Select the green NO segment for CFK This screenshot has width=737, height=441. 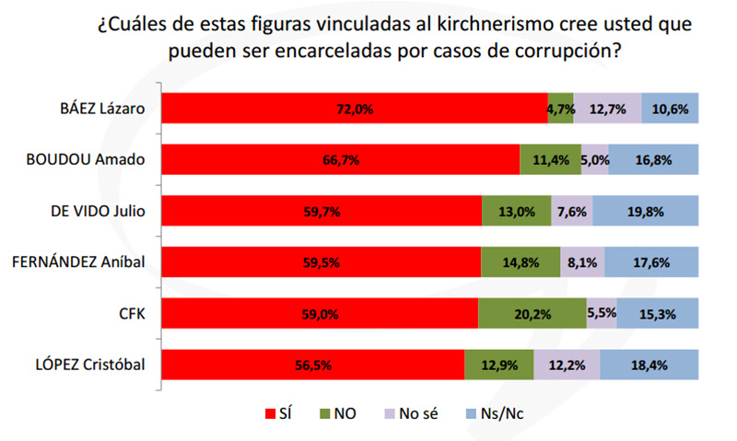pos(532,313)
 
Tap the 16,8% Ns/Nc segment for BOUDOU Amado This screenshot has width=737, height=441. pos(652,159)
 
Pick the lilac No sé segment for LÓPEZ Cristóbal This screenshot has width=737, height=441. pos(567,365)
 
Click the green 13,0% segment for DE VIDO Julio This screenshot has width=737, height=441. pos(516,211)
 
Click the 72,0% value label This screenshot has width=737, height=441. pos(355,109)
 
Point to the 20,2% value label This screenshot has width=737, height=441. pos(532,314)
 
